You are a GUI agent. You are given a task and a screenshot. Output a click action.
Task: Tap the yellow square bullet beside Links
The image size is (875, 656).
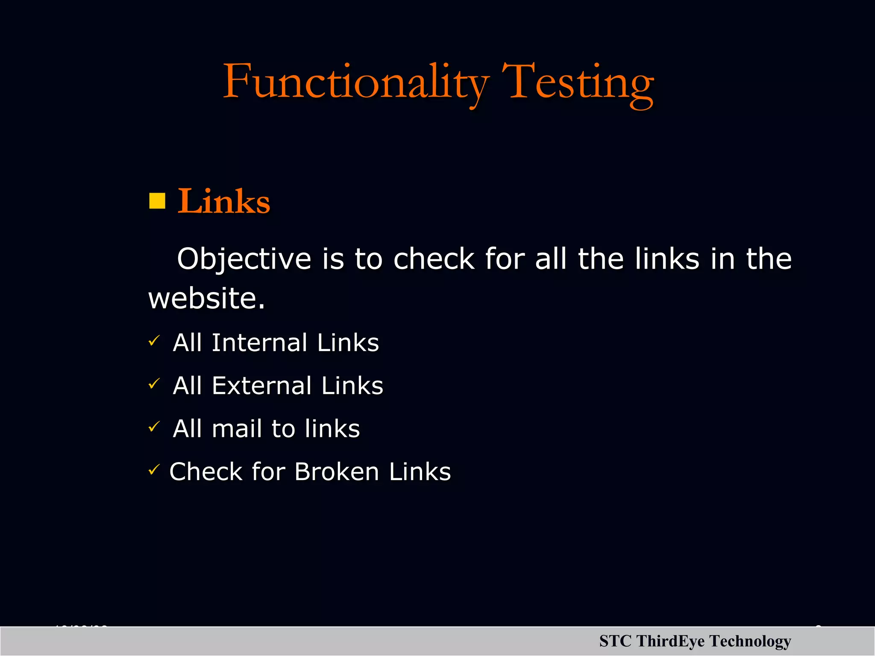157,201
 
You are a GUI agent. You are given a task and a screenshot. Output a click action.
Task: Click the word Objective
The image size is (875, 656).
244,259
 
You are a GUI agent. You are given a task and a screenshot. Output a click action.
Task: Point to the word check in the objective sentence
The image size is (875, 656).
434,259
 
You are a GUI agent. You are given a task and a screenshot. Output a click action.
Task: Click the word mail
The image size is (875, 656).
236,428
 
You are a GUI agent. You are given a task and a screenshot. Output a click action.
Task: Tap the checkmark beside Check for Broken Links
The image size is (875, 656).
154,470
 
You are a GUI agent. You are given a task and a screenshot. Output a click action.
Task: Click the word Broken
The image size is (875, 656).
337,471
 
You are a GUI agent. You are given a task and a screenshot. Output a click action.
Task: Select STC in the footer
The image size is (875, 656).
615,641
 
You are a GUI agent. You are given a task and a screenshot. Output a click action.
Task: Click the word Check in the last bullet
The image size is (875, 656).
206,471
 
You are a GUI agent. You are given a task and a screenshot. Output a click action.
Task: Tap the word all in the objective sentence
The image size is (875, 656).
551,259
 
